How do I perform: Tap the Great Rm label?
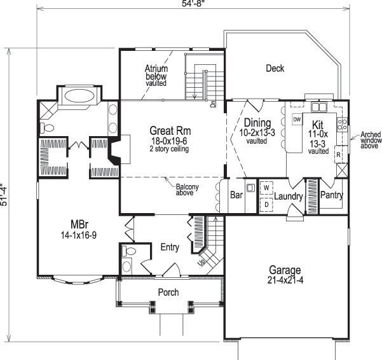pyautogui.click(x=167, y=130)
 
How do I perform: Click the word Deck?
pyautogui.click(x=275, y=69)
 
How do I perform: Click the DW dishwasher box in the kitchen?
pyautogui.click(x=297, y=120)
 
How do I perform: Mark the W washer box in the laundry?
pyautogui.click(x=266, y=188)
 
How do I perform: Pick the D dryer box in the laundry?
pyautogui.click(x=266, y=204)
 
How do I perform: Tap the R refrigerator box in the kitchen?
pyautogui.click(x=339, y=155)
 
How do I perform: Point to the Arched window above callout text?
pyautogui.click(x=370, y=139)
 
